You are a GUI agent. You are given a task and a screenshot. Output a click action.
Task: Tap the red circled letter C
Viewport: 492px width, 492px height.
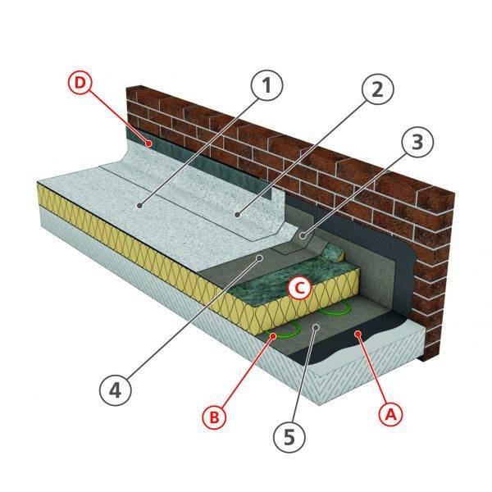[x=300, y=287]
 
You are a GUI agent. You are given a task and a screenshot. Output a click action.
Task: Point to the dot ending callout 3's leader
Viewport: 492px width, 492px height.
[x=303, y=237]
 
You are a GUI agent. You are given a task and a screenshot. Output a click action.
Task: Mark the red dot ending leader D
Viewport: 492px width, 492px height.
[x=148, y=143]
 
